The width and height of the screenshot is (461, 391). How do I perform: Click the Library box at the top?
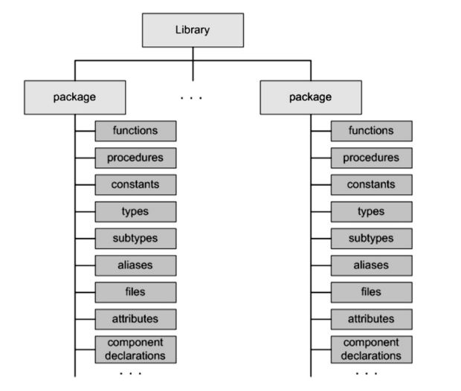pyautogui.click(x=193, y=30)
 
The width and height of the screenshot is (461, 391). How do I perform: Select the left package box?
pyautogui.click(x=74, y=97)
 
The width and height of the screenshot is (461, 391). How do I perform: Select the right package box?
pyautogui.click(x=311, y=97)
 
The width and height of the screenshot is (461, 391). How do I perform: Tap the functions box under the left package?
pyautogui.click(x=135, y=131)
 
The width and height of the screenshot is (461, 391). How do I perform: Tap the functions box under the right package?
pyautogui.click(x=371, y=131)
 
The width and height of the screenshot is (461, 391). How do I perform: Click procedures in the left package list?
pyautogui.click(x=135, y=158)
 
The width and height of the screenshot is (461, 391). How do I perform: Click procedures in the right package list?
pyautogui.click(x=371, y=158)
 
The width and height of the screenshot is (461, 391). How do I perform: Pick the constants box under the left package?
pyautogui.click(x=135, y=184)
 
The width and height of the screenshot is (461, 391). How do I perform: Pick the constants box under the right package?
pyautogui.click(x=371, y=184)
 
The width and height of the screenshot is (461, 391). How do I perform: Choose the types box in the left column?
pyautogui.click(x=135, y=212)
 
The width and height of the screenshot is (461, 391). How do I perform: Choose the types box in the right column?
pyautogui.click(x=371, y=212)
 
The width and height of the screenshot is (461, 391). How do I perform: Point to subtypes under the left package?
pyautogui.click(x=135, y=239)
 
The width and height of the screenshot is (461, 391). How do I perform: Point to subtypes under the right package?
pyautogui.click(x=371, y=239)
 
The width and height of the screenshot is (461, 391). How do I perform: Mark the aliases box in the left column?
pyautogui.click(x=135, y=265)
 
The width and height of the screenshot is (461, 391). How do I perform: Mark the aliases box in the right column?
pyautogui.click(x=371, y=265)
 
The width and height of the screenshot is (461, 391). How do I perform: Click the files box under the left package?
pyautogui.click(x=135, y=292)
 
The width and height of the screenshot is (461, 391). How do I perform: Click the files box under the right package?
pyautogui.click(x=371, y=292)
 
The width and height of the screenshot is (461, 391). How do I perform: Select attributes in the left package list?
pyautogui.click(x=135, y=319)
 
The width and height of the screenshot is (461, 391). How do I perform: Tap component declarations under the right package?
pyautogui.click(x=371, y=349)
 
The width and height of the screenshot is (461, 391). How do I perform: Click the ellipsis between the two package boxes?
pyautogui.click(x=191, y=98)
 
